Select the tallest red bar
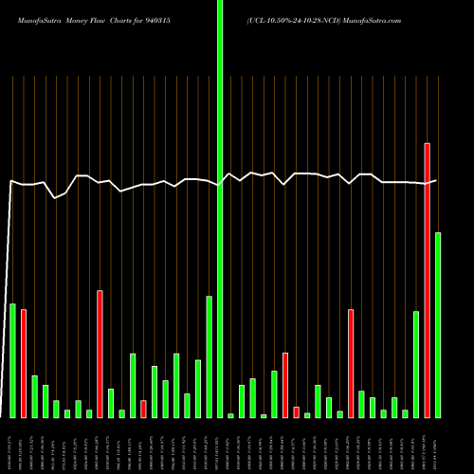coord(427,280)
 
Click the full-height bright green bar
coord(220,209)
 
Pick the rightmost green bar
coord(438,324)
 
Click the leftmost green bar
coord(12,360)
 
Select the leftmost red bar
coord(24,363)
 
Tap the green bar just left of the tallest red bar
coord(416,364)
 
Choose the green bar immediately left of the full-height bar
coord(209,356)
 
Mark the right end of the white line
coord(436,180)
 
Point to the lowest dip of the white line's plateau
coord(56,197)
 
